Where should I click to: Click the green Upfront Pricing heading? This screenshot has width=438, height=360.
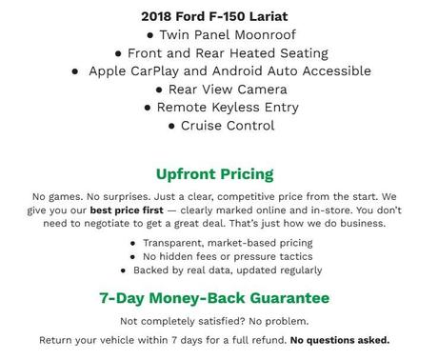(214, 174)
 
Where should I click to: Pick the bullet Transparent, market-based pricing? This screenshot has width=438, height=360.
(221, 243)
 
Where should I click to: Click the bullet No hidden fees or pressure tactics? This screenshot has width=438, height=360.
(221, 256)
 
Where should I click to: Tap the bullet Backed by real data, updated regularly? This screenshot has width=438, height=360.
(221, 270)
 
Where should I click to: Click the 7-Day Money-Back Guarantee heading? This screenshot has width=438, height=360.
(214, 298)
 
